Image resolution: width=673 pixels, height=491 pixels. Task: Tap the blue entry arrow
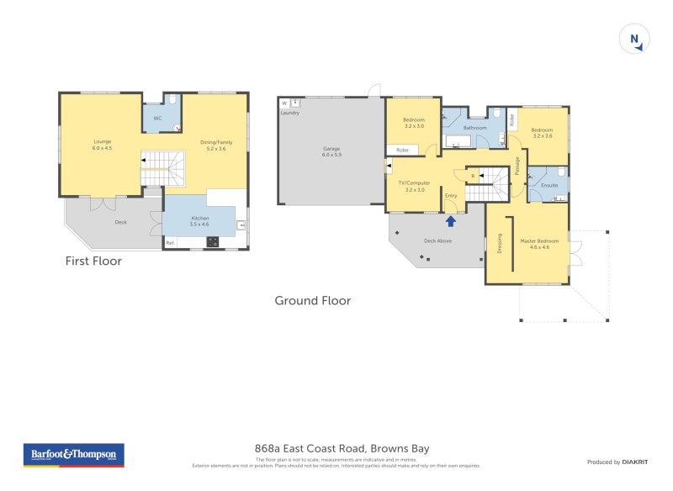tap(451, 220)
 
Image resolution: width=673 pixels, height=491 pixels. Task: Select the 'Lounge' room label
tap(102, 141)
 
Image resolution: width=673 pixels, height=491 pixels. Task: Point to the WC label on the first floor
tap(157, 119)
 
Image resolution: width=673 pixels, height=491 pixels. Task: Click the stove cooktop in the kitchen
tap(212, 242)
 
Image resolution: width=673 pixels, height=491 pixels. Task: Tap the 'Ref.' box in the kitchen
tap(170, 243)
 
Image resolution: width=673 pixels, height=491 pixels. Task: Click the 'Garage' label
tap(331, 149)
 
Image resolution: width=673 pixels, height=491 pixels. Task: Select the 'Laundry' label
tap(289, 112)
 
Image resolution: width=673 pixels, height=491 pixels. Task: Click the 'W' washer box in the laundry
tap(284, 103)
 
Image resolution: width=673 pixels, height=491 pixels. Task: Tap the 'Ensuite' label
tap(549, 185)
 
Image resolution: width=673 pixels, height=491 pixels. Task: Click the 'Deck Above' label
tap(438, 240)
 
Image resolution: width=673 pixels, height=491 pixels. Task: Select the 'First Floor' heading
tap(93, 261)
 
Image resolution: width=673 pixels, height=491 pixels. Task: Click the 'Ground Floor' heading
tap(313, 300)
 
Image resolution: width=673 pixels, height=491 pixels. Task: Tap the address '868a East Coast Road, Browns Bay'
tap(342, 449)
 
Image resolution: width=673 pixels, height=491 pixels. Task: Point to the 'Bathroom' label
tap(475, 128)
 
